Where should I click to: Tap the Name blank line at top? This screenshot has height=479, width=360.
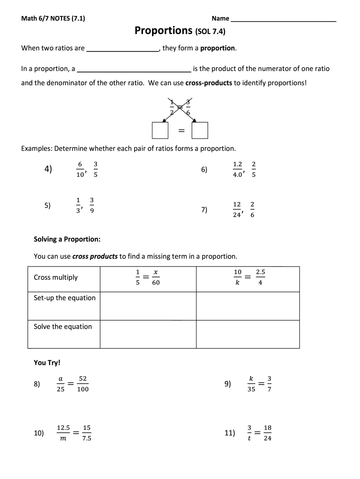(x=283, y=20)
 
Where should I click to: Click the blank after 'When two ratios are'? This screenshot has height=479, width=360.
(x=123, y=49)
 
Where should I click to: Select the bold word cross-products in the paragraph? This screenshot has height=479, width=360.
(x=209, y=83)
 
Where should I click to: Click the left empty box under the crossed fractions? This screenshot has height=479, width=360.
(x=160, y=131)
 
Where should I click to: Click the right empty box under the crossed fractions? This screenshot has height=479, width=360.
(x=200, y=131)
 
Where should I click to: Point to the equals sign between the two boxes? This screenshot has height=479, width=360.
(x=180, y=131)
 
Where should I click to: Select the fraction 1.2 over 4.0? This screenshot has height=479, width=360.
(x=238, y=169)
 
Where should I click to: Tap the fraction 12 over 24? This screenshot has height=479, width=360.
(x=237, y=210)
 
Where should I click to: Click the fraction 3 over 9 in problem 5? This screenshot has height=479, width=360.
(x=92, y=205)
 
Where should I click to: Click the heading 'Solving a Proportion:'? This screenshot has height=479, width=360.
(x=67, y=239)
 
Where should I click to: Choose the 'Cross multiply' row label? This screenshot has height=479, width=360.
(x=56, y=277)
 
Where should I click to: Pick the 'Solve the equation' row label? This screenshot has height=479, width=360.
(x=63, y=327)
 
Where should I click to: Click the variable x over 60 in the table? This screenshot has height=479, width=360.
(x=156, y=277)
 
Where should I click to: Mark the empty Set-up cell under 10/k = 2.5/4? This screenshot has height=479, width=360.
(x=248, y=306)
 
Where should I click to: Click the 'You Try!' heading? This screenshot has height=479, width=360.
(x=47, y=363)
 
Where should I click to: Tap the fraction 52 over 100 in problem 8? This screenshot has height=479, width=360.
(x=83, y=384)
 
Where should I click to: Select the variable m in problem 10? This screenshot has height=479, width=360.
(x=63, y=439)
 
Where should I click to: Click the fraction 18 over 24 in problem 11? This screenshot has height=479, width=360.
(x=267, y=433)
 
